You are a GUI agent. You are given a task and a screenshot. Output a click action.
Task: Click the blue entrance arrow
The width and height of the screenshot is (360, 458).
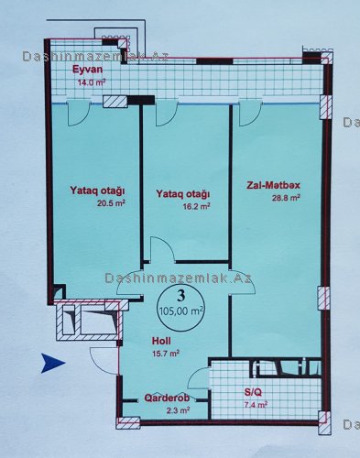[52, 363]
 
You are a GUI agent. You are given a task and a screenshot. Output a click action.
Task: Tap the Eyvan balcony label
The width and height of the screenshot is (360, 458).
[87, 70]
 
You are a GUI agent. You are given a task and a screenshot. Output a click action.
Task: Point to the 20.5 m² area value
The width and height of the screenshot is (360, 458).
[111, 203]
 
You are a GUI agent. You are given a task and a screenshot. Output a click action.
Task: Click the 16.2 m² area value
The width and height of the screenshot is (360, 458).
[196, 206]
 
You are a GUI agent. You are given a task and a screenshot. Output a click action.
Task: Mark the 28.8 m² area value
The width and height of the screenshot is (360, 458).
[286, 198]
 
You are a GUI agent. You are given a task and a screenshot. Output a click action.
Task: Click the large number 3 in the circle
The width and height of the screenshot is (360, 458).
[181, 295]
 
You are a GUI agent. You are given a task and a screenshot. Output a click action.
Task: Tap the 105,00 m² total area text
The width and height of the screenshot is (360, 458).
[181, 311]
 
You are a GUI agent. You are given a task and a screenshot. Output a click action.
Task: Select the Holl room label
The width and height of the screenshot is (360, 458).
[161, 341]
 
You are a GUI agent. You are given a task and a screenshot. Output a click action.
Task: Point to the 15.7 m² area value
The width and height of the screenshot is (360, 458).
[166, 354]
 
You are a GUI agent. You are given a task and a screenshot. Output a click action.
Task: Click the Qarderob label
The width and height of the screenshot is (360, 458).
[167, 398]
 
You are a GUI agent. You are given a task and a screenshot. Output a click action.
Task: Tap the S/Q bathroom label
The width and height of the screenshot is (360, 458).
[253, 392]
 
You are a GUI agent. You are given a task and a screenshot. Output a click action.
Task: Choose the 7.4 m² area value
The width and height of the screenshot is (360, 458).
[256, 405]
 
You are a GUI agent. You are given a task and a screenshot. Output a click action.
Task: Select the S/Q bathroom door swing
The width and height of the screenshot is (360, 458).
[198, 378]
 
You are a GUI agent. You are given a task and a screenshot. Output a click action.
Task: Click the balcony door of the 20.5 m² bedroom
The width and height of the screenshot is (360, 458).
[78, 114]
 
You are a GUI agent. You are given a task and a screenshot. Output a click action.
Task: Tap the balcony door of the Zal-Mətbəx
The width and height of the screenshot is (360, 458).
[250, 114]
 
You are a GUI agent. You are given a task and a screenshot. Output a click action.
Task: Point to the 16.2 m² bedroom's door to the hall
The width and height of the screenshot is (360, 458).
[162, 250]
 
